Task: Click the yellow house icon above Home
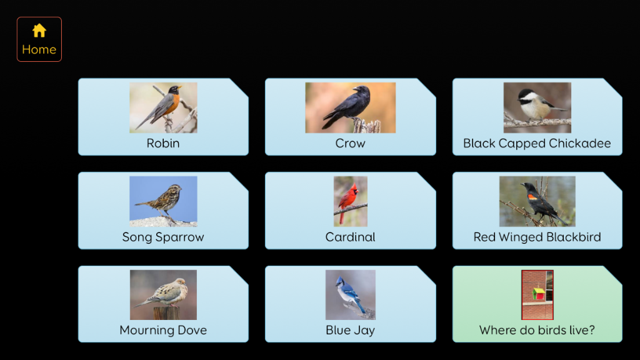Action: [39, 30]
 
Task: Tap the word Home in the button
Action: [39, 49]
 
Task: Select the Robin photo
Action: [163, 107]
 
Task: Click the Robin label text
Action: [163, 143]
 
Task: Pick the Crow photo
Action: [350, 107]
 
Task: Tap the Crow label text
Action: [350, 143]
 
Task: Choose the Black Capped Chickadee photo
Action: [537, 107]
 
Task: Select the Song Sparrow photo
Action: [163, 202]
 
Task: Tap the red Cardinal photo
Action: [350, 202]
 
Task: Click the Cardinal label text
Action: [350, 237]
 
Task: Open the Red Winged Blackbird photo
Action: [537, 202]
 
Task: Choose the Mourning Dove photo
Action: [163, 295]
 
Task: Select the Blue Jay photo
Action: [350, 295]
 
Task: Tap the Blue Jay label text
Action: [350, 331]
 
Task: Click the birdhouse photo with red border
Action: [537, 295]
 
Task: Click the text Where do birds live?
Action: [537, 330]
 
